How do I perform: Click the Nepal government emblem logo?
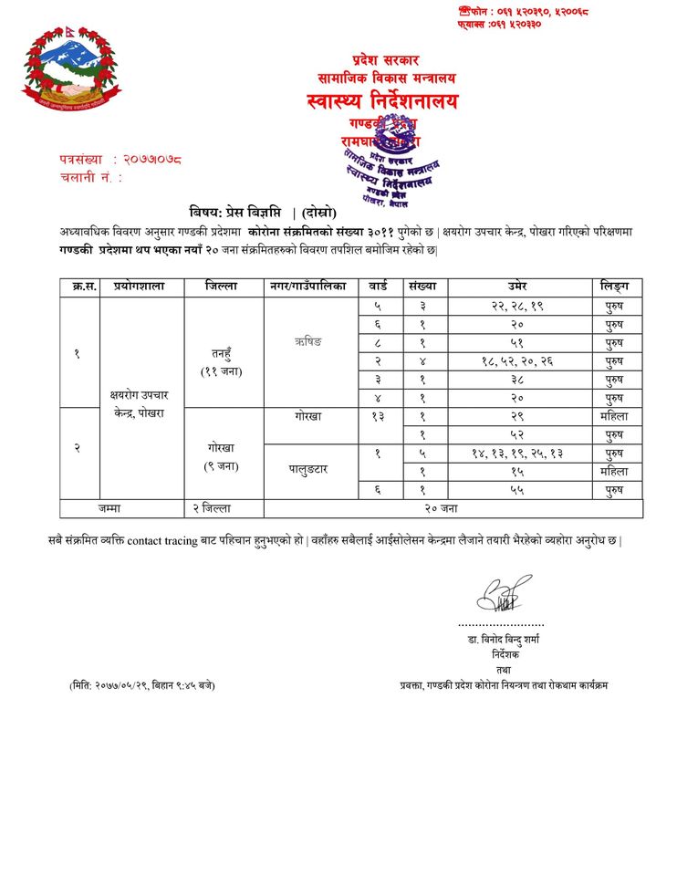click(71, 71)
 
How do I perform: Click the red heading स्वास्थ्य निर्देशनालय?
click(383, 101)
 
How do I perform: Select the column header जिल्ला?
click(223, 287)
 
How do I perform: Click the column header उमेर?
click(524, 287)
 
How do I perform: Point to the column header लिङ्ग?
click(614, 287)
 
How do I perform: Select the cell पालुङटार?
click(310, 469)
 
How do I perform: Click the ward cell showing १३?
click(377, 416)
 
